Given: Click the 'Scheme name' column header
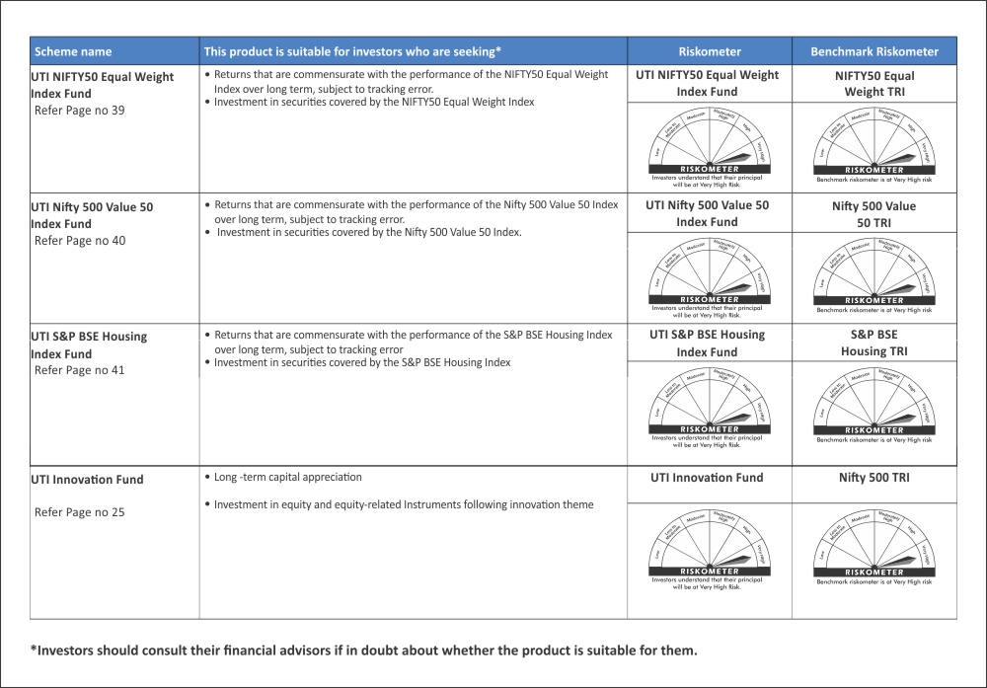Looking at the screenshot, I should pyautogui.click(x=73, y=51).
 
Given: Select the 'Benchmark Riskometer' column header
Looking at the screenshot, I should pyautogui.click(x=873, y=51).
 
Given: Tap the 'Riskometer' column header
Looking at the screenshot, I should pyautogui.click(x=709, y=51).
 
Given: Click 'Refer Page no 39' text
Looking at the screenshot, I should pyautogui.click(x=80, y=111).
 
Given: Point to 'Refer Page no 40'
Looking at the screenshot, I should pyautogui.click(x=80, y=241).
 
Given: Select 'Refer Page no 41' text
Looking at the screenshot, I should pyautogui.click(x=80, y=371).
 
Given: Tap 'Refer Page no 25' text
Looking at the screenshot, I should pyautogui.click(x=80, y=512).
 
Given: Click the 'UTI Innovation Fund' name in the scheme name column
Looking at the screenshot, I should pyautogui.click(x=87, y=480).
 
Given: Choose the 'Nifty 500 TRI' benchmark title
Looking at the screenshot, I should pyautogui.click(x=873, y=478).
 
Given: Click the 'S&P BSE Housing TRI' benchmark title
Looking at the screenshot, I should pyautogui.click(x=873, y=343).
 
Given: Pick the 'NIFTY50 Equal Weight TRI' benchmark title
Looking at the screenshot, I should pyautogui.click(x=873, y=83).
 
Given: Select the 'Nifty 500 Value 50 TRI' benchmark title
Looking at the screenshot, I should pyautogui.click(x=873, y=213).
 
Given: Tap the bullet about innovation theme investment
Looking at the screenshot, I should pyautogui.click(x=404, y=505).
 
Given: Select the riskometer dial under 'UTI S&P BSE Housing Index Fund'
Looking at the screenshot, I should pyautogui.click(x=709, y=404).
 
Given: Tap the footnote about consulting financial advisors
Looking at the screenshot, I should pyautogui.click(x=363, y=650).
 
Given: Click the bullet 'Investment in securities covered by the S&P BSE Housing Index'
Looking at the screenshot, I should pyautogui.click(x=362, y=363).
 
